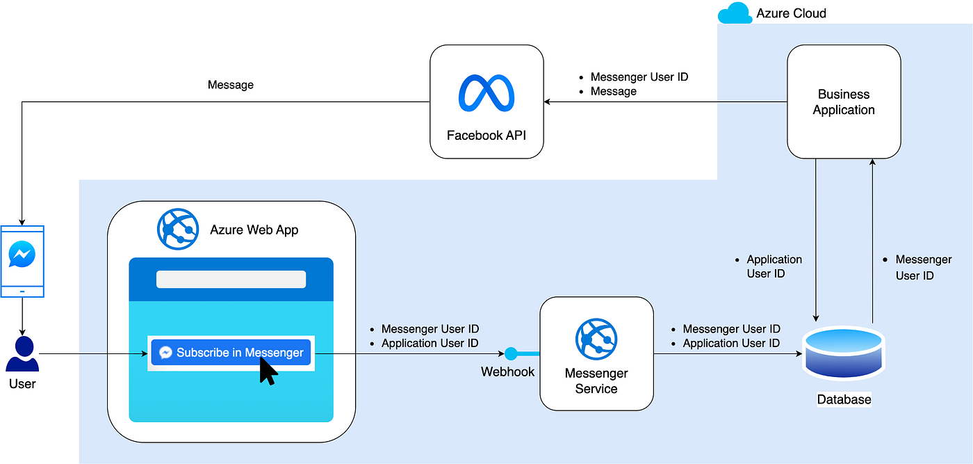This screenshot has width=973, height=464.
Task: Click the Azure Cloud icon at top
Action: tap(735, 13)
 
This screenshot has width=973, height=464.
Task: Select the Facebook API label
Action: tap(486, 135)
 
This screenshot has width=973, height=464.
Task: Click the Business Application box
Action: tap(843, 102)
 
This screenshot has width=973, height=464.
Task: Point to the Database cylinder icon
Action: tap(843, 353)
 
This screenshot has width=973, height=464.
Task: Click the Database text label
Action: tap(844, 399)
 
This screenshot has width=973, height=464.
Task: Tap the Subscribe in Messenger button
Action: tap(231, 353)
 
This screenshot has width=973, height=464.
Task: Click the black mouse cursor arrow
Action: tap(267, 371)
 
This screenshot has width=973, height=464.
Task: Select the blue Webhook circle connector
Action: tap(512, 353)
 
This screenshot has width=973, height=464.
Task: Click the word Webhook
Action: tap(507, 372)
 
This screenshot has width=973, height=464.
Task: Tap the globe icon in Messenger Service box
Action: tap(596, 339)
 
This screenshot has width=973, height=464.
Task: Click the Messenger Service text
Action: tap(596, 381)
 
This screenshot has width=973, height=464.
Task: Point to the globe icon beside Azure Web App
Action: tap(178, 228)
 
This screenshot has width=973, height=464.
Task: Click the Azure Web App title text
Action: tap(254, 230)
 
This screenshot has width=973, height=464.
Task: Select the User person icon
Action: tap(22, 354)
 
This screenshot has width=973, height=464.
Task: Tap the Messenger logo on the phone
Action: tap(22, 255)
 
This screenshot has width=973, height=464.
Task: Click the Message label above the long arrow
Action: tap(230, 85)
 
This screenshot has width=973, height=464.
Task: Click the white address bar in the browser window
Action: tap(231, 279)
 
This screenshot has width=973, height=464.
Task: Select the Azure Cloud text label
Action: tap(791, 13)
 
